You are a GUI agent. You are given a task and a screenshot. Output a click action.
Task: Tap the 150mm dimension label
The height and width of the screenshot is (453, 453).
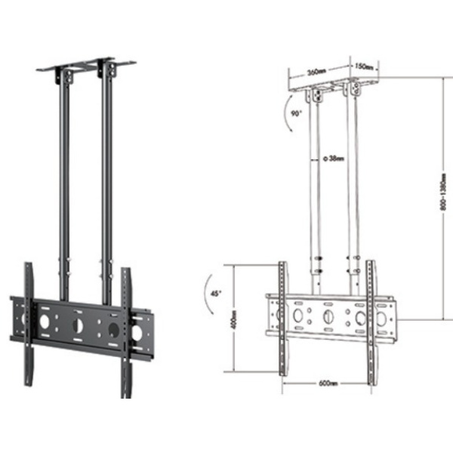[x=364, y=66]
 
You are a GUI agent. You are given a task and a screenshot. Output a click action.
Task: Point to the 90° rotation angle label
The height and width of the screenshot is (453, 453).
[x=295, y=114]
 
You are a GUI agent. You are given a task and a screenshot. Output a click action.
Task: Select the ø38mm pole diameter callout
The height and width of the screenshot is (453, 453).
[x=331, y=159]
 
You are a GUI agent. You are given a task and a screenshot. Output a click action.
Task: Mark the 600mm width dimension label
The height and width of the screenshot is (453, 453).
[x=328, y=383]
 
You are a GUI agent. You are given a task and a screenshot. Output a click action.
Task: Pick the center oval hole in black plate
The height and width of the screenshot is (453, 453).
[x=77, y=326]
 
